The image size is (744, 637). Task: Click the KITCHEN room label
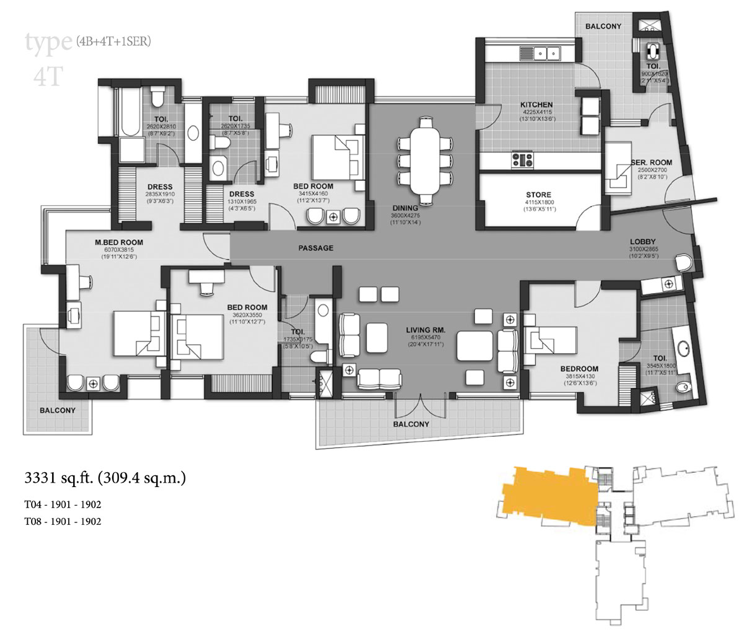536,105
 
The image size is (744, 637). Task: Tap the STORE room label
538,195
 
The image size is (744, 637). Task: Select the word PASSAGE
316,248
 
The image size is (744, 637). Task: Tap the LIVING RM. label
425,330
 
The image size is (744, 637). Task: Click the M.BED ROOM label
119,242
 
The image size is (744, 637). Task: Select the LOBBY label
642,242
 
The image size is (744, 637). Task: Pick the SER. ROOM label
651,162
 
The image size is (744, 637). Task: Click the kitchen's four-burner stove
522,160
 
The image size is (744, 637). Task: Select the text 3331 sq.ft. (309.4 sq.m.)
105,478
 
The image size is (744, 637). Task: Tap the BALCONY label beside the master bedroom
58,410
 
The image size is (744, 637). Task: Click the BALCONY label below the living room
410,424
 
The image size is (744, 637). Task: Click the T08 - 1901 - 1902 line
63,521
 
